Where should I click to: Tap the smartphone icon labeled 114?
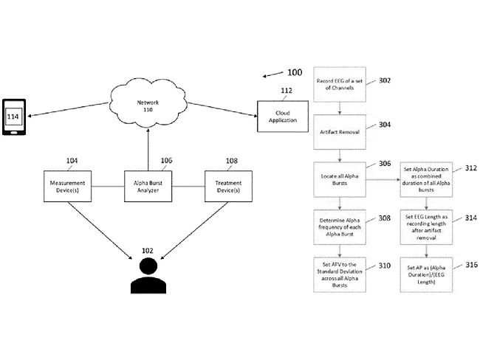13,118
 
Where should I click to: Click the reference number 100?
295,72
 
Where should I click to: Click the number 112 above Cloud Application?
286,91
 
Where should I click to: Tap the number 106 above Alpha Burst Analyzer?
167,160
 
